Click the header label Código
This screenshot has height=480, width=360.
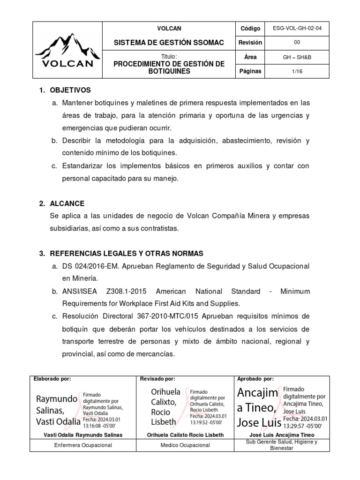pyautogui.click(x=250, y=29)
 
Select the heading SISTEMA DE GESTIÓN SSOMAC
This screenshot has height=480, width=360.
pyautogui.click(x=169, y=43)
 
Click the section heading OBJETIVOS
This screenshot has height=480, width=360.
pyautogui.click(x=70, y=90)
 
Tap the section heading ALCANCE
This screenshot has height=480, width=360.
pyautogui.click(x=67, y=203)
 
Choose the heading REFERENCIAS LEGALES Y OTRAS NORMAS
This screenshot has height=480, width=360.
pyautogui.click(x=126, y=254)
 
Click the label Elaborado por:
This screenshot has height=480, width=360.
pyautogui.click(x=52, y=379)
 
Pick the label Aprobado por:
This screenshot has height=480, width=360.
pyautogui.click(x=255, y=379)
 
